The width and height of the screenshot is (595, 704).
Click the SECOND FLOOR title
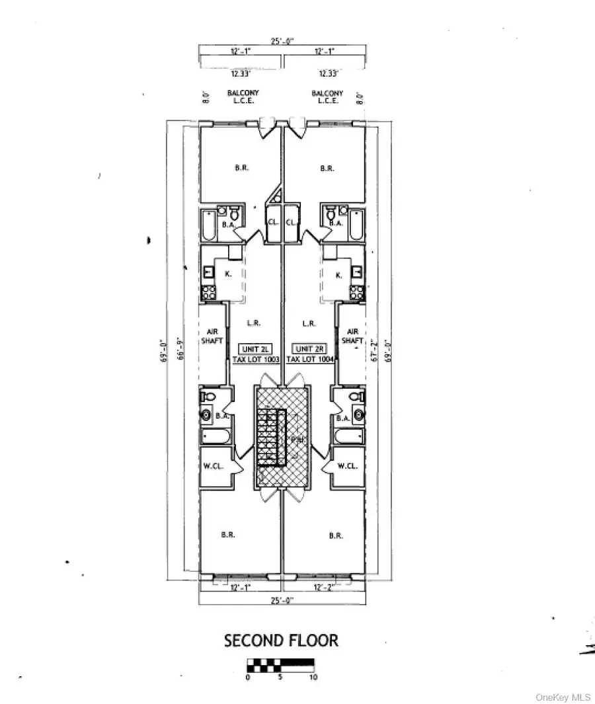[x=281, y=641]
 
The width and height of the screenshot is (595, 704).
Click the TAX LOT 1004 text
[x=309, y=359]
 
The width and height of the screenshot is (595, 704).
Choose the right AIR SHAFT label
[x=353, y=336]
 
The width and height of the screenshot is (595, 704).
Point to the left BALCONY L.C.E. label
[x=243, y=97]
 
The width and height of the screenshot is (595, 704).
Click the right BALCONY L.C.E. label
[x=327, y=97]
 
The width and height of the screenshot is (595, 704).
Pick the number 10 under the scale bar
[x=313, y=678]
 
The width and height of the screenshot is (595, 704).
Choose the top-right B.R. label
[x=327, y=169]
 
